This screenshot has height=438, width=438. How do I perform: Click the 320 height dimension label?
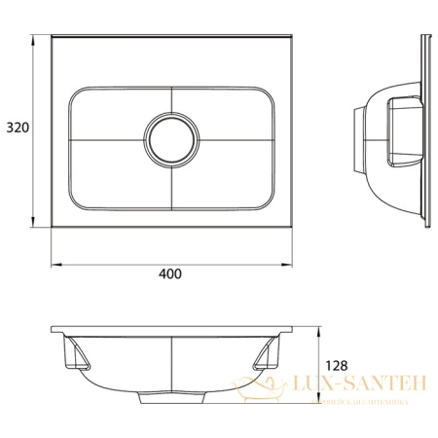(16, 128)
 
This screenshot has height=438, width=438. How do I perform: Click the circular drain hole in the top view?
(170, 136)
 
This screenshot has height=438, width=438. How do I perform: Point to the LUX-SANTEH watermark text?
(359, 385)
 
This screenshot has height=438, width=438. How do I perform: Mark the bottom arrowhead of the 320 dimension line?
(38, 227)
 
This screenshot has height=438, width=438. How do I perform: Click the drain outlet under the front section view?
(170, 398)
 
